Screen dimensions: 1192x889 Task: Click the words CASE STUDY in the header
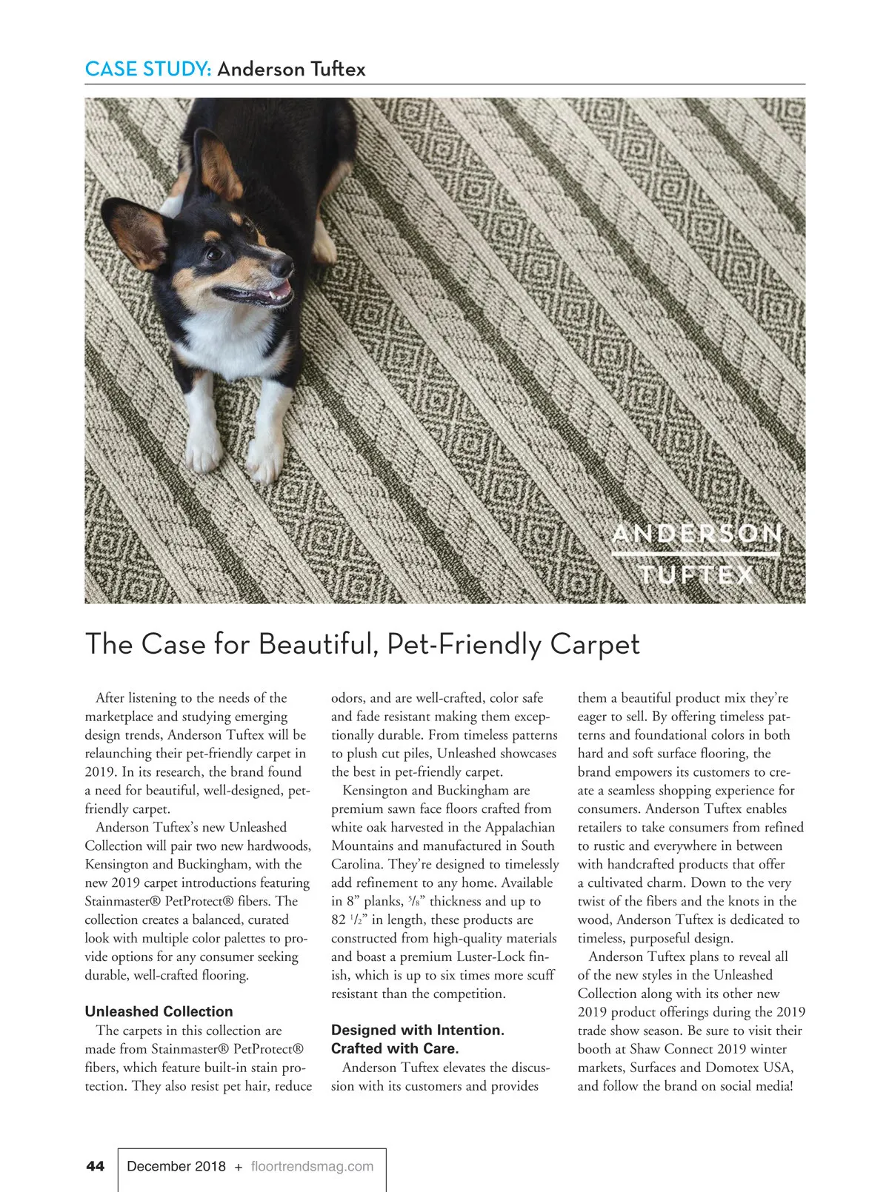[x=148, y=70]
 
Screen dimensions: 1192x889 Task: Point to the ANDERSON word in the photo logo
[x=696, y=535]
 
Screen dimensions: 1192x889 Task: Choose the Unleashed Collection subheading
[x=159, y=1011]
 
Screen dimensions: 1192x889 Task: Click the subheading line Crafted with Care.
[x=395, y=1048]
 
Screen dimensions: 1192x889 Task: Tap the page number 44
[x=96, y=1166]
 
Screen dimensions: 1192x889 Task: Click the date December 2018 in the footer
[x=176, y=1166]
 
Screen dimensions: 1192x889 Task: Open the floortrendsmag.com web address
[x=312, y=1166]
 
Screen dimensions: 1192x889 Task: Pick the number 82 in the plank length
[x=339, y=920]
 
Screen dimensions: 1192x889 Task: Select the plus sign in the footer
[x=238, y=1167]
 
